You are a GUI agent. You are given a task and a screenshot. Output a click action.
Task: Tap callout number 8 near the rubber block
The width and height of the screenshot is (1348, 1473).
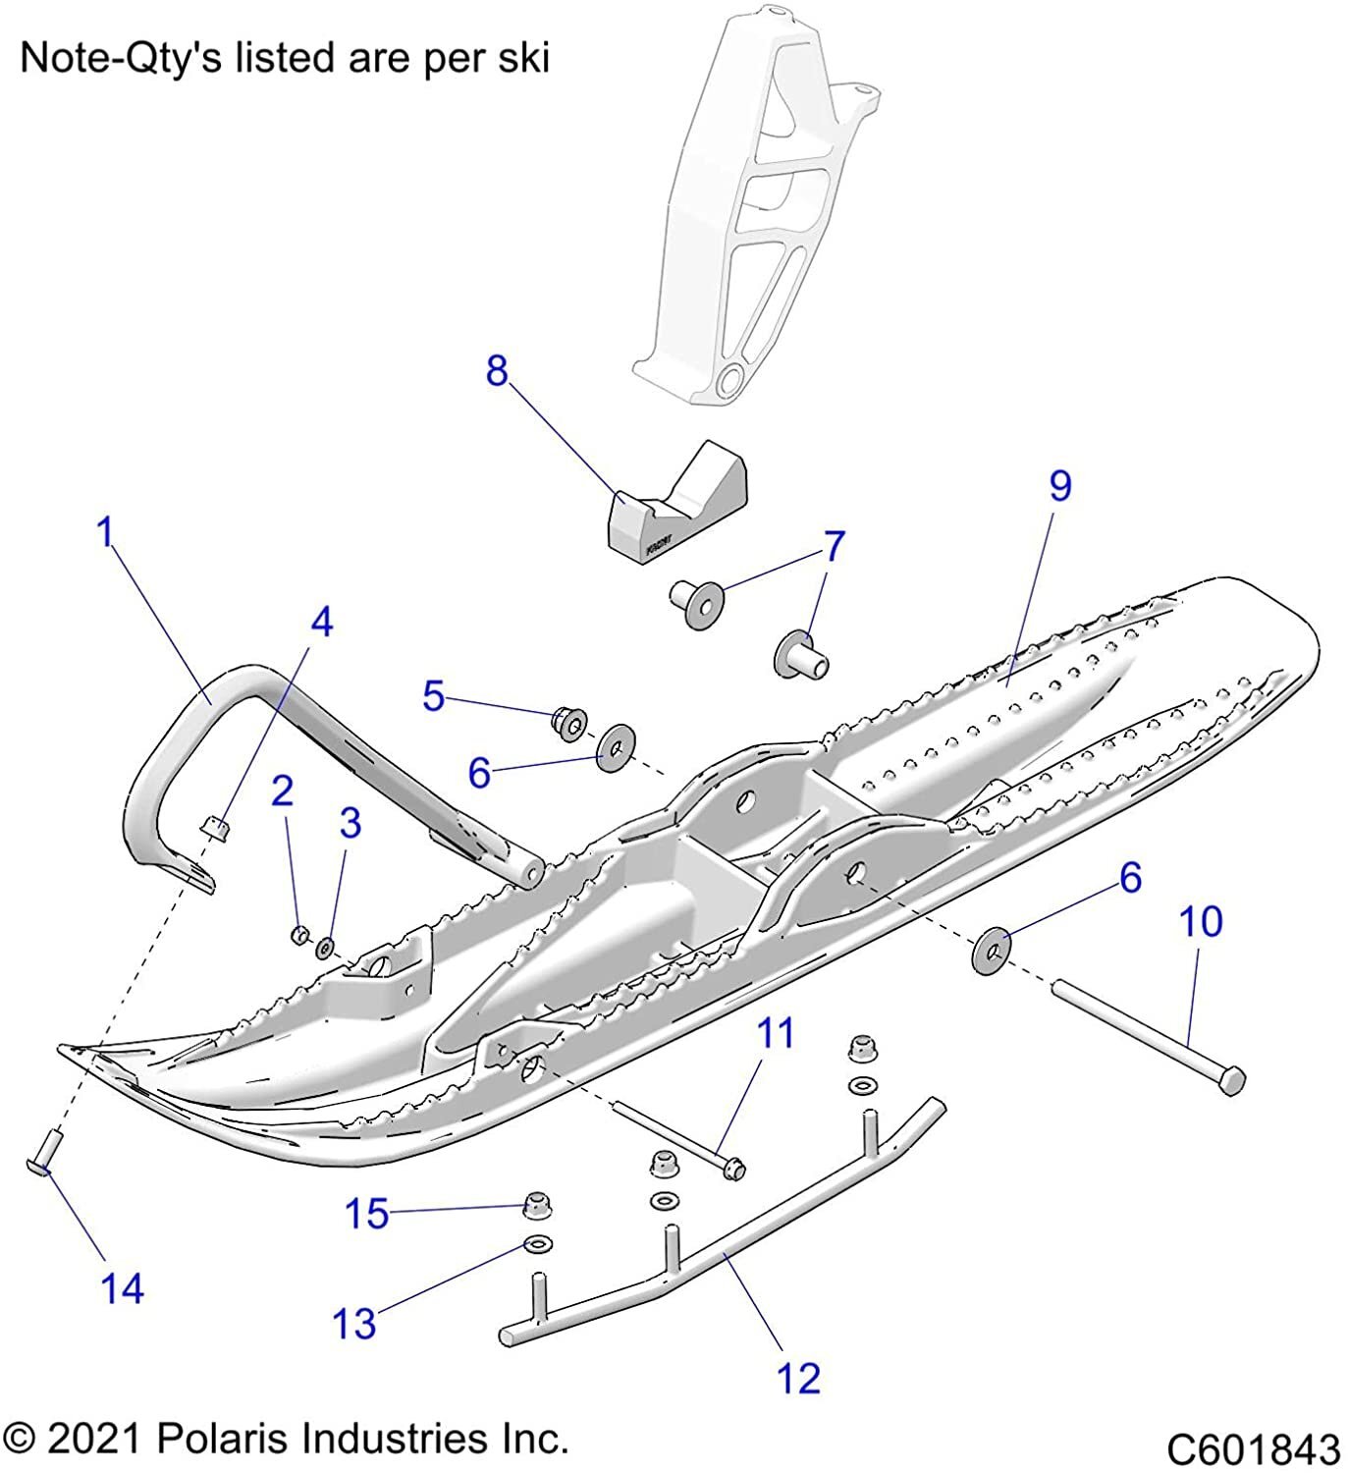[498, 371]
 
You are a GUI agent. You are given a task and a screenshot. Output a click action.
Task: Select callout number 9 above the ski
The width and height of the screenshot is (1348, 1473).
[1059, 486]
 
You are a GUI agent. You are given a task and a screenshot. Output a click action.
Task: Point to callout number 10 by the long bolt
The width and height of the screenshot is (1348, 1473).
[1201, 921]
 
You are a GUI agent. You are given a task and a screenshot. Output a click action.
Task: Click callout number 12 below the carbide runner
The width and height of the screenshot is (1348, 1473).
[798, 1379]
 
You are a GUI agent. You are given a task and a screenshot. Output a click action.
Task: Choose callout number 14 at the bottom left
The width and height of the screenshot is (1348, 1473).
[122, 1288]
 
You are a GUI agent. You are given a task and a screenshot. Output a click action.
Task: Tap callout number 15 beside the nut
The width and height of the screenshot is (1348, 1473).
[366, 1214]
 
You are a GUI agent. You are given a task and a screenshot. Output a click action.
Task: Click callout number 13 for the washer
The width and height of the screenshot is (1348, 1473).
[353, 1324]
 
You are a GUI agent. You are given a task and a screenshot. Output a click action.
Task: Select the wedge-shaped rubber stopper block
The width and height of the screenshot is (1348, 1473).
[675, 507]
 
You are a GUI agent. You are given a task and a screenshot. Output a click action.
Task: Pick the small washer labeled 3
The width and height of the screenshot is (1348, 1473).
[324, 948]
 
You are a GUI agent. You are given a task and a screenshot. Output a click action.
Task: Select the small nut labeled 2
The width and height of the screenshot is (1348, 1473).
[301, 934]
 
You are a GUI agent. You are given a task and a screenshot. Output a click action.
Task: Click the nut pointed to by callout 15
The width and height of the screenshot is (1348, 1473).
[536, 1202]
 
